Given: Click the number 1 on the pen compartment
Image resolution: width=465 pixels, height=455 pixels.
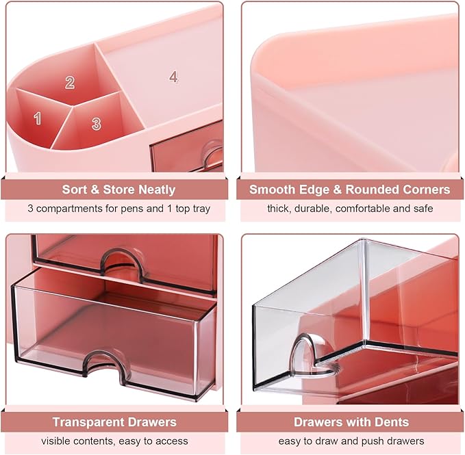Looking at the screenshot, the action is [x=37, y=118].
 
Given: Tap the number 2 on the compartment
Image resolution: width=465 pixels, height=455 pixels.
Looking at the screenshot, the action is [x=70, y=82].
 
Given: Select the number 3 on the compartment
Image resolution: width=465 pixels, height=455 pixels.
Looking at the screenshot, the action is [x=96, y=124].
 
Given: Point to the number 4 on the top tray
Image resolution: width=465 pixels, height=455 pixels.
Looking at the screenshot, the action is [x=173, y=77].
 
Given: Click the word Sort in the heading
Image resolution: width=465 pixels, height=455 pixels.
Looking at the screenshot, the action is [x=75, y=190].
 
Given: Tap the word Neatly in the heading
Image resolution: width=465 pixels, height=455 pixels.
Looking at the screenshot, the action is [x=158, y=190].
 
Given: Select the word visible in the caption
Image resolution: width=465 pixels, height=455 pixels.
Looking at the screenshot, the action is [x=56, y=441].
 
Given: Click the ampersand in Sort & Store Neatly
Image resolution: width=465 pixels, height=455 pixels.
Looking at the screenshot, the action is [x=95, y=190].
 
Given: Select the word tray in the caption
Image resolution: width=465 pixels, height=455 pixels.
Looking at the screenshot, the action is [x=200, y=209].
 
